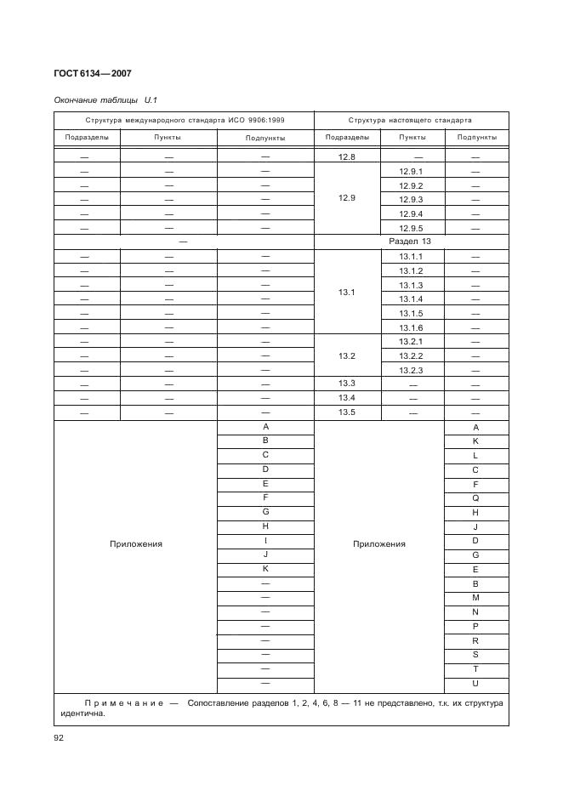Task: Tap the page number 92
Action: click(60, 737)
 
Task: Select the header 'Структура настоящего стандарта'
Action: click(411, 120)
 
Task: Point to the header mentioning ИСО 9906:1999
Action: click(184, 120)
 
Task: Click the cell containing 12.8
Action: click(346, 156)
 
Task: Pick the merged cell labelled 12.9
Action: click(346, 198)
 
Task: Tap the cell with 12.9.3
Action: click(411, 199)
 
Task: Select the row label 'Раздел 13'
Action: click(411, 242)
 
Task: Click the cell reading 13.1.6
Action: click(411, 327)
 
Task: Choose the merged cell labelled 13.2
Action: click(346, 355)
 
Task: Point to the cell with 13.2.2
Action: click(411, 355)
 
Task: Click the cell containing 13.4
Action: click(346, 398)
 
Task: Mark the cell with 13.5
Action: click(346, 412)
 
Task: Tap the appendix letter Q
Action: click(475, 497)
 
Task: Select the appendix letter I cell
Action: click(265, 540)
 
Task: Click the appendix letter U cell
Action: click(475, 683)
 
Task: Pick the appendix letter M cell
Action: click(475, 598)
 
